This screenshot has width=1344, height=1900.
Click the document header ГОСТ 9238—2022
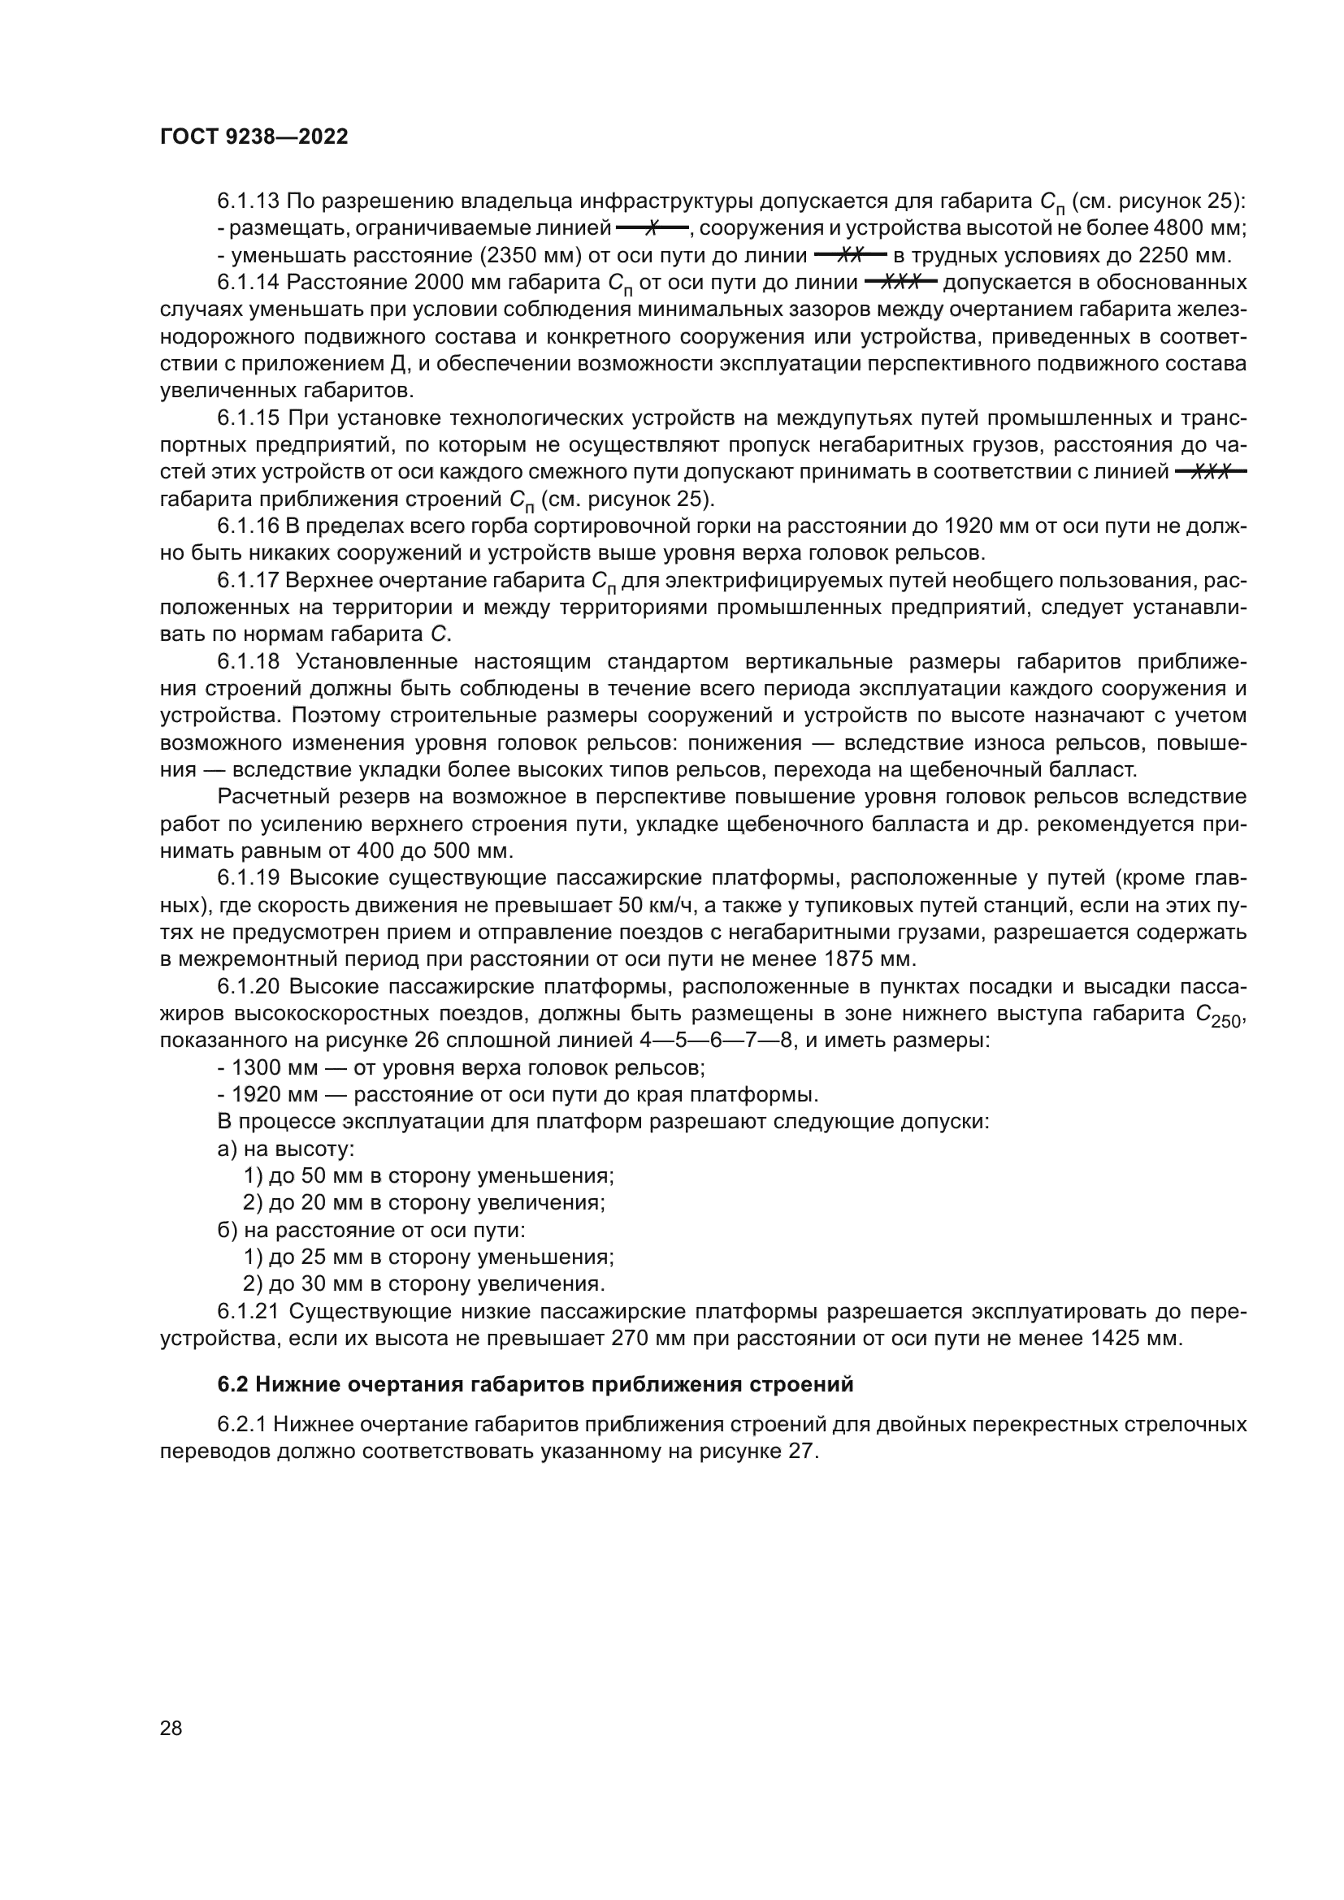pyautogui.click(x=254, y=137)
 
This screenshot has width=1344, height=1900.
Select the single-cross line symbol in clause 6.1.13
pyautogui.click(x=652, y=227)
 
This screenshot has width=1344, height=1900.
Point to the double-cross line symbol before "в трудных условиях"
pyautogui.click(x=850, y=255)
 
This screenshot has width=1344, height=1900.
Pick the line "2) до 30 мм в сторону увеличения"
pyautogui.click(x=423, y=1283)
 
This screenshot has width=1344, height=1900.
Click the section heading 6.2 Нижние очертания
pyautogui.click(x=535, y=1383)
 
